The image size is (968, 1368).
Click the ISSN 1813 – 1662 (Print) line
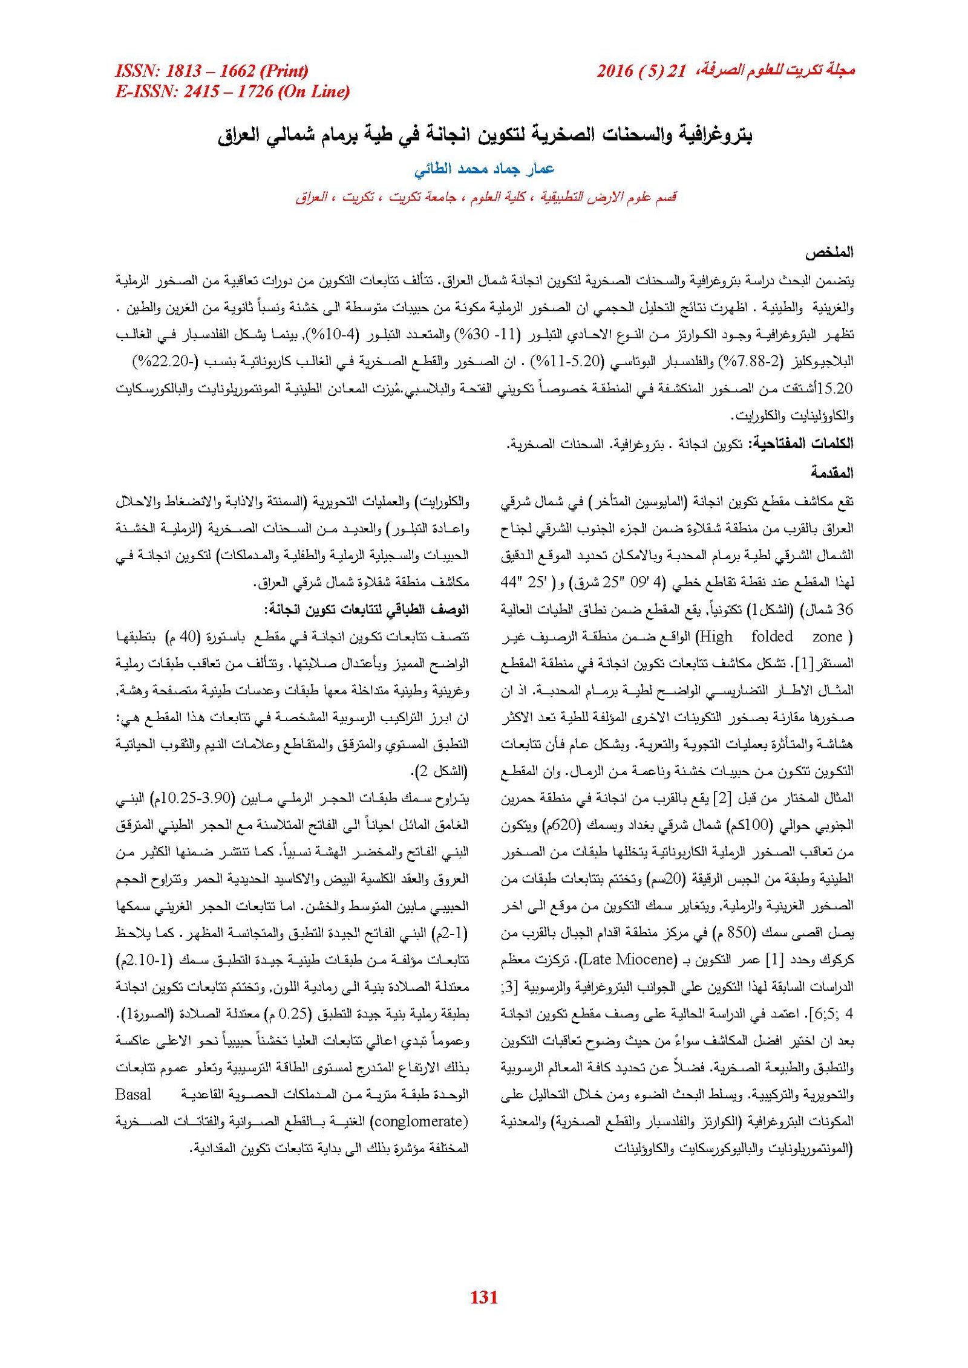(212, 71)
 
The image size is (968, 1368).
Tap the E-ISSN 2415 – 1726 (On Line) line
(232, 91)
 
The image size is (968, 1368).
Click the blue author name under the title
(484, 169)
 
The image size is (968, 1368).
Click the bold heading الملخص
(829, 253)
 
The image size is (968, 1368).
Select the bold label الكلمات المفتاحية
(801, 444)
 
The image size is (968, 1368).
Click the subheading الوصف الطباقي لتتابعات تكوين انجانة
(366, 609)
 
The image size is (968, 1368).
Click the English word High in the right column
(715, 637)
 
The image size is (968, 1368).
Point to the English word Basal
(133, 1095)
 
